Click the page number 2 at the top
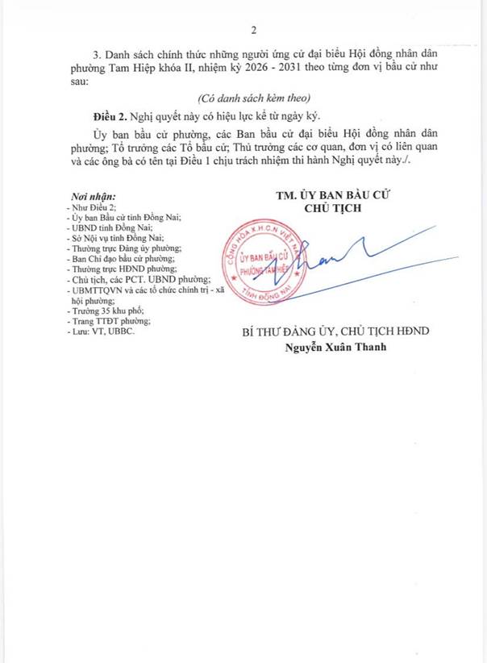253,31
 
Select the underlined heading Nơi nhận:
94,196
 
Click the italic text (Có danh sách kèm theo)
254,97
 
